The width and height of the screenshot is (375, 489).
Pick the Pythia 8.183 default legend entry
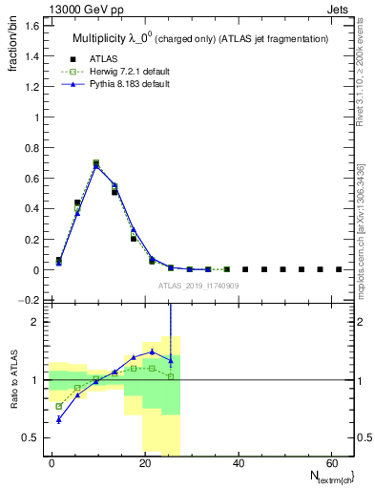coord(125,85)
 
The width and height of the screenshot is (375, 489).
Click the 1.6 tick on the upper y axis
coord(31,27)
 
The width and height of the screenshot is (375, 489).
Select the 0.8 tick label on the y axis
coord(31,148)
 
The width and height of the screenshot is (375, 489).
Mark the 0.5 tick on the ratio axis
coord(31,437)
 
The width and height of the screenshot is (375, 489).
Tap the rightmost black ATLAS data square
coord(339,269)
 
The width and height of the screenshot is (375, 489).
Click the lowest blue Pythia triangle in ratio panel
coord(59,419)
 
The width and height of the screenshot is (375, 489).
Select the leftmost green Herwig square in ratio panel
coord(59,406)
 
